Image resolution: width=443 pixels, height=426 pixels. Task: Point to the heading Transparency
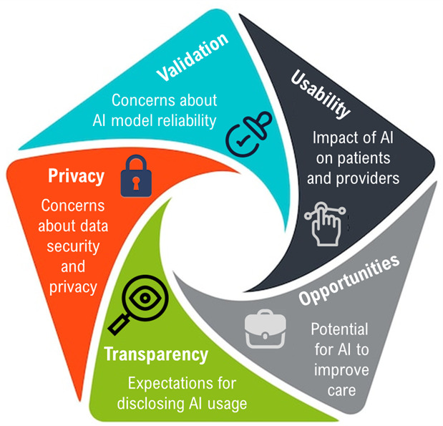coord(155,354)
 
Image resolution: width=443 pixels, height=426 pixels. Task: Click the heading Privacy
coord(76,176)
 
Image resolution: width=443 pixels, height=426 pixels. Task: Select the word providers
coord(360,178)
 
